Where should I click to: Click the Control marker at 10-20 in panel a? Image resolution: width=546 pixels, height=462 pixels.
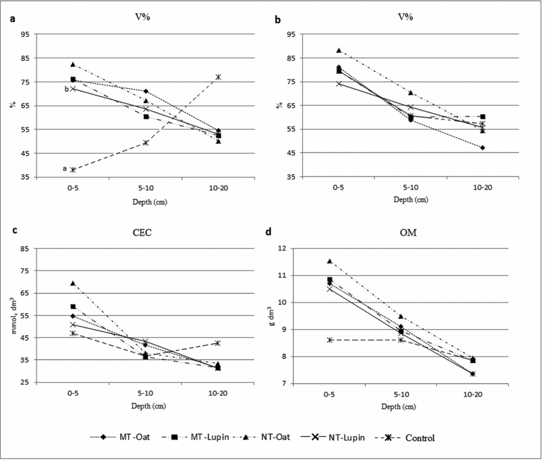tap(219, 77)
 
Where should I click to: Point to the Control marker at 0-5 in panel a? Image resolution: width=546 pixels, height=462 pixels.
tap(73, 170)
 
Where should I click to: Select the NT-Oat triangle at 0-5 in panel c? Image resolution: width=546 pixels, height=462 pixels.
tap(73, 283)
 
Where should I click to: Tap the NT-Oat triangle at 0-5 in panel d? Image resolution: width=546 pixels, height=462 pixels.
tap(330, 261)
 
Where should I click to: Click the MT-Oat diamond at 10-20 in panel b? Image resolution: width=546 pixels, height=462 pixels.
tap(482, 147)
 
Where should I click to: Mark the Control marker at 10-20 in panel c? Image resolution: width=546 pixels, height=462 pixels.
tap(219, 343)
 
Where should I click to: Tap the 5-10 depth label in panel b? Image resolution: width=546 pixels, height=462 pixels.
tap(410, 187)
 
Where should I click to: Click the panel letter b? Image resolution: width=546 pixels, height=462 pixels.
tap(277, 20)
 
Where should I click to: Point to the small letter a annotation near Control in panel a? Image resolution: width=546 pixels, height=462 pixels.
tap(65, 169)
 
